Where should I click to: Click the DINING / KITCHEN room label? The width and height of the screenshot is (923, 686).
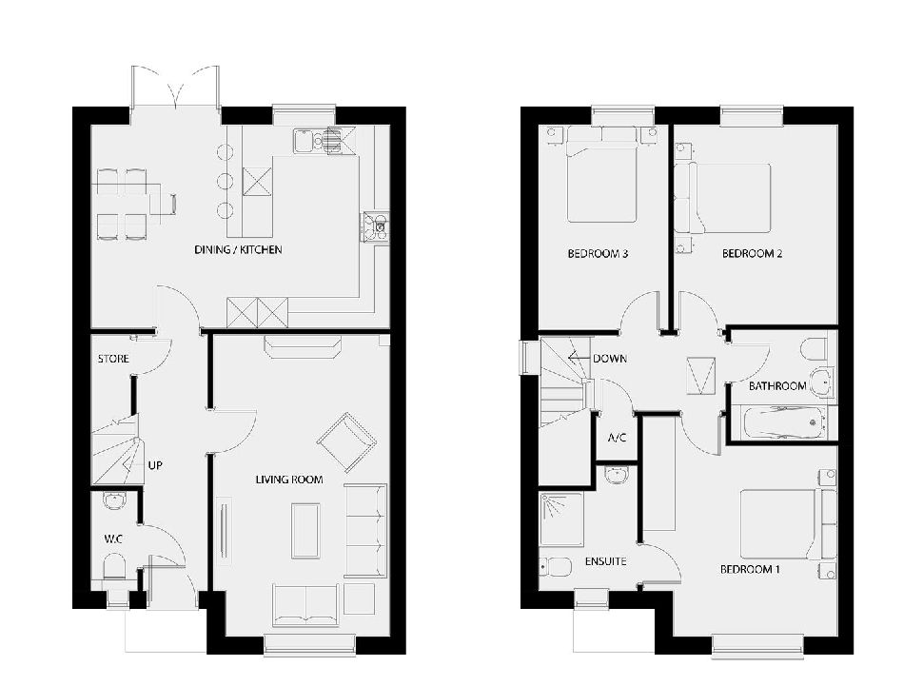tap(238, 249)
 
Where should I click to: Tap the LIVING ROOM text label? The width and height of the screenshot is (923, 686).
tap(288, 480)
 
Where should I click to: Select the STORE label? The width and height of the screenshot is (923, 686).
tap(112, 359)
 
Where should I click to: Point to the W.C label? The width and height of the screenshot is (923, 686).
tap(113, 539)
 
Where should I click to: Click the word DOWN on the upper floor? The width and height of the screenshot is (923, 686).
tap(608, 360)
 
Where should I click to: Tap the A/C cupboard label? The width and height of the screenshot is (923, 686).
tap(616, 439)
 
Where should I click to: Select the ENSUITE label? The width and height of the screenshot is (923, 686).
tap(604, 561)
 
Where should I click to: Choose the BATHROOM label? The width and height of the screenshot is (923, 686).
tap(776, 386)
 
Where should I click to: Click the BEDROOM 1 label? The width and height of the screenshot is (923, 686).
tap(750, 569)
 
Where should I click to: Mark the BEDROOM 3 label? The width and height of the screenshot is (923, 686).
tap(598, 254)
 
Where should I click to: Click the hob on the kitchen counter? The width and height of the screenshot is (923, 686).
tap(371, 226)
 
